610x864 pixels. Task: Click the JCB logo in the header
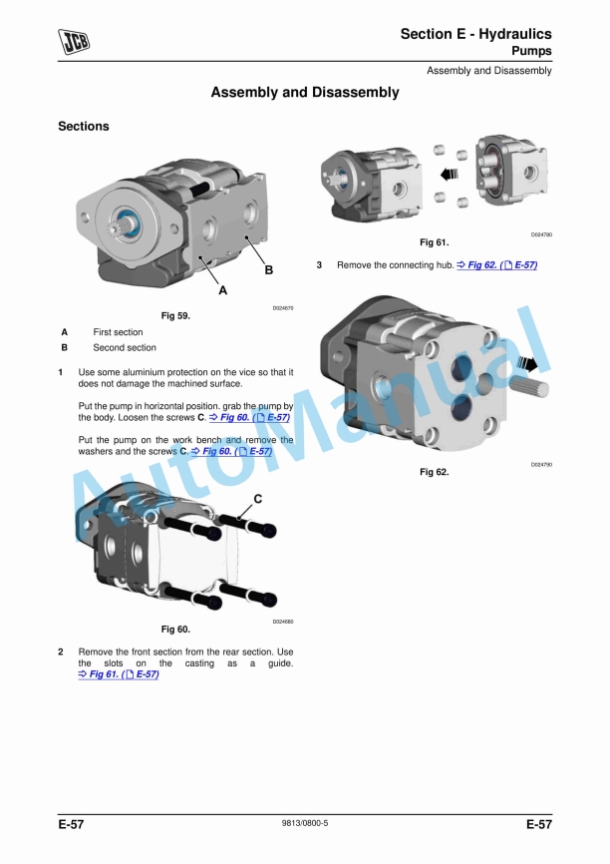tap(75, 42)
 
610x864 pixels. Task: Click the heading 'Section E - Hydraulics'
tap(475, 34)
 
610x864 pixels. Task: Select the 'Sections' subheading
tap(84, 127)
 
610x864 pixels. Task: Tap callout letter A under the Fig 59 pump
tap(222, 291)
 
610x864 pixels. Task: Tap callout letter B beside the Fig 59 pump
tap(268, 270)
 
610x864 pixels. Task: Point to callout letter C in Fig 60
tap(257, 498)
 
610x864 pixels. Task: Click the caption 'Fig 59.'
tap(175, 315)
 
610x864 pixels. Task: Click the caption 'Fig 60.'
tap(175, 630)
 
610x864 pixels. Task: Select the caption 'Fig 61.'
tap(434, 242)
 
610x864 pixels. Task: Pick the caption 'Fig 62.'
tap(434, 472)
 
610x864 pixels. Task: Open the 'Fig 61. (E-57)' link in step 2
tap(118, 675)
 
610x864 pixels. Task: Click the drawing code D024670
tap(283, 308)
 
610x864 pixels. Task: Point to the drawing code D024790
tap(541, 465)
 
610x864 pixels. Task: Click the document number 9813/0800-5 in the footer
tap(305, 824)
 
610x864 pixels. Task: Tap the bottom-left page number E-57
tap(71, 825)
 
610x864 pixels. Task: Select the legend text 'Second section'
tap(125, 348)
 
